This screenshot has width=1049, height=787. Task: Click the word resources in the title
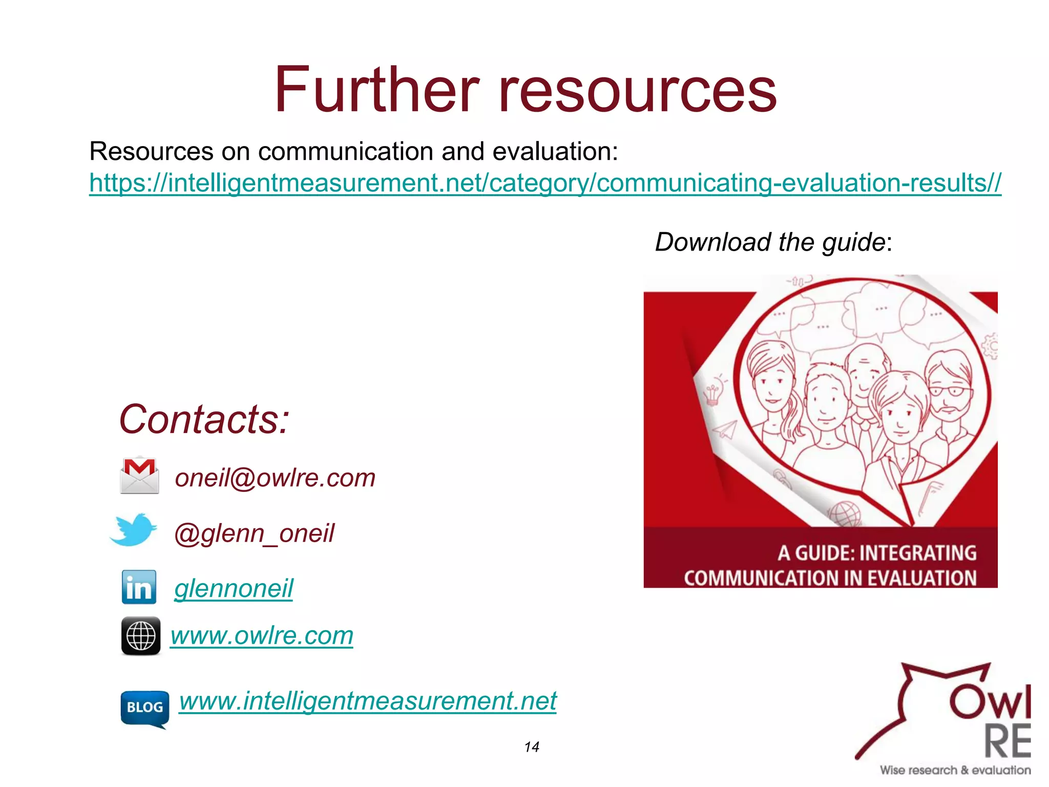click(637, 91)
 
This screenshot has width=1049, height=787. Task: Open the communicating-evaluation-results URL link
click(545, 183)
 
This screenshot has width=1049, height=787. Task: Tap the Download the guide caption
click(773, 242)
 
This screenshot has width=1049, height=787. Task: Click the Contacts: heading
click(204, 419)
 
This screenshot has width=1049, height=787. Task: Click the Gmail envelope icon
click(139, 475)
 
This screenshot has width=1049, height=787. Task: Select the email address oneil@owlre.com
click(275, 478)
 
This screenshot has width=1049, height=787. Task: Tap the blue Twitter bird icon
click(133, 529)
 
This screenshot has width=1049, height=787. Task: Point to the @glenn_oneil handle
click(254, 533)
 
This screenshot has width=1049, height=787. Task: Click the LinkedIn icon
click(139, 587)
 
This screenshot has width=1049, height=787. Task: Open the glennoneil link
click(234, 588)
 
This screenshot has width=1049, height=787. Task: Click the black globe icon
click(140, 636)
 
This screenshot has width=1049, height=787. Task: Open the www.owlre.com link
click(262, 636)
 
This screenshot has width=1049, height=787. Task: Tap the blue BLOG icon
click(144, 709)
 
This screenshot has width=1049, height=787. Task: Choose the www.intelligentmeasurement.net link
click(368, 700)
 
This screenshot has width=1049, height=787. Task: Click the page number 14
click(532, 747)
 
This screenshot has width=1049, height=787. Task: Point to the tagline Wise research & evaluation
click(955, 770)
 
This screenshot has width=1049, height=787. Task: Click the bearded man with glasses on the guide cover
click(949, 389)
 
